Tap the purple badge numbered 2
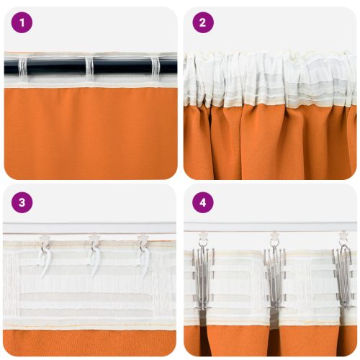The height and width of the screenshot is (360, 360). (x=202, y=23)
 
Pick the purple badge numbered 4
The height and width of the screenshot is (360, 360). (x=202, y=202)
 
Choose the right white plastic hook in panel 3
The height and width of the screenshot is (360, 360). (x=144, y=259)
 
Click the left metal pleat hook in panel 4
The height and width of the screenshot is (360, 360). (x=202, y=277)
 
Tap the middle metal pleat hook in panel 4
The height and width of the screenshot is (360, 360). (x=274, y=277)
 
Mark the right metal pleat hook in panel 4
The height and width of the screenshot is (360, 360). (x=343, y=277)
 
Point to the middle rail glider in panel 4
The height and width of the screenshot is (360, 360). (x=274, y=236)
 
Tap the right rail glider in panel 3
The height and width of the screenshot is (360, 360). (x=143, y=236)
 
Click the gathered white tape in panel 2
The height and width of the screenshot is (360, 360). (x=270, y=79)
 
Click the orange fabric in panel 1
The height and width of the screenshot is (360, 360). (x=90, y=133)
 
